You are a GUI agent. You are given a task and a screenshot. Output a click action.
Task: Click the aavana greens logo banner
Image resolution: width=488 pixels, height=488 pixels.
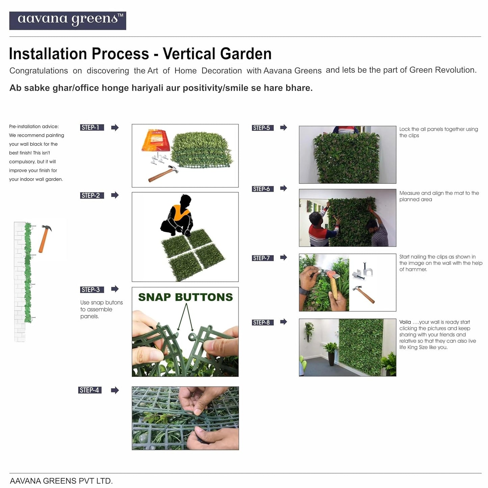coord(68,21)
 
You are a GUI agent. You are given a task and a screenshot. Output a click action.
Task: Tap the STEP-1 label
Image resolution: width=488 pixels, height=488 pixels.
coord(92,127)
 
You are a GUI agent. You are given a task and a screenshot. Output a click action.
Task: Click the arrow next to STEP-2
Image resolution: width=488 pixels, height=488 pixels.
coord(115,195)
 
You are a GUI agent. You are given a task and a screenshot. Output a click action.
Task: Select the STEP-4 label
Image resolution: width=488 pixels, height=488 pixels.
coord(90,390)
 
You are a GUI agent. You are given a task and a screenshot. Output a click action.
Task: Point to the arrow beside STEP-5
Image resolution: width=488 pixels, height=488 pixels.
coord(284,127)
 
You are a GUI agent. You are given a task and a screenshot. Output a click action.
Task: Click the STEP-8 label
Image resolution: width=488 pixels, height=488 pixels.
coord(263,323)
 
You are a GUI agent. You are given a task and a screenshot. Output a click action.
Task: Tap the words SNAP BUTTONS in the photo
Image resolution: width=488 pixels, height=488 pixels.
coord(185,297)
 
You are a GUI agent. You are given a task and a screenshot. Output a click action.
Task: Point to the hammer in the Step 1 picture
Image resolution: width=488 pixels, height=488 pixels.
coord(163,174)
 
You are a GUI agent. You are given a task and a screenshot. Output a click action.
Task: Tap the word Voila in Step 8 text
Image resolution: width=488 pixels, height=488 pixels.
coord(405,322)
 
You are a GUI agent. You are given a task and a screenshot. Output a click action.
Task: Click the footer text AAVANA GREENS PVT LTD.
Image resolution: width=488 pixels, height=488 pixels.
coord(61,481)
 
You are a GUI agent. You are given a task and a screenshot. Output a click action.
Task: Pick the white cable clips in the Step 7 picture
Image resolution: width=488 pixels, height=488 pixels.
coord(362,271)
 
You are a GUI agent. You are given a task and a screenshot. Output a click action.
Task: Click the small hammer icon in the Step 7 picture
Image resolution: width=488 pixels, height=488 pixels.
coord(364,294)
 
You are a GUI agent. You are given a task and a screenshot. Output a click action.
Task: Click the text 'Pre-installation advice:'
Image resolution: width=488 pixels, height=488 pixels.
coord(34,126)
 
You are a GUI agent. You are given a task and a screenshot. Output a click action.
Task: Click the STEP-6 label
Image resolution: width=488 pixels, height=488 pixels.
coord(263,189)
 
